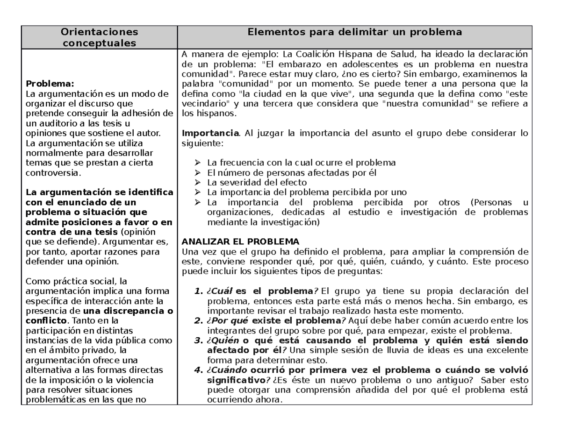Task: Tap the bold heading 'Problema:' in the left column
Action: [50, 84]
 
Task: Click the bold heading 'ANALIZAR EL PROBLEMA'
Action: [240, 241]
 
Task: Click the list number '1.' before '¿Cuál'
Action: [197, 291]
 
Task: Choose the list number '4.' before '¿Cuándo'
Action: [197, 370]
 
